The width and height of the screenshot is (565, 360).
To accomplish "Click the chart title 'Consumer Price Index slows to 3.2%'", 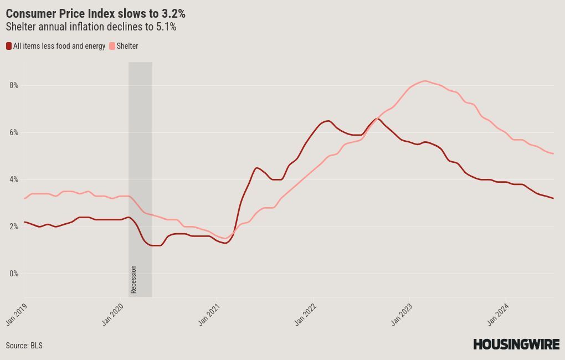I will pos(95,14).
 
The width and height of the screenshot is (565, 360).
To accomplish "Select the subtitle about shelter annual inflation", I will pos(91,27).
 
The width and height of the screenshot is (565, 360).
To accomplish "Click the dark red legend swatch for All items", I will pos(9,46).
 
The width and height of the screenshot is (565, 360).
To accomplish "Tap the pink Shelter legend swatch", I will pos(112,46).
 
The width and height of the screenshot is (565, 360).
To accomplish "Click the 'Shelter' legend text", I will pos(127,46).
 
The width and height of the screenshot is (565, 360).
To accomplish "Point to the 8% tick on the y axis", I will pos(13,85).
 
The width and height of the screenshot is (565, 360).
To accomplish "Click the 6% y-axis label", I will pos(13,132).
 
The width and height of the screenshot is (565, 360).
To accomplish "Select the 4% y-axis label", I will pos(13,179).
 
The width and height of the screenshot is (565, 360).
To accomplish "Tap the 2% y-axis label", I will pos(13,227).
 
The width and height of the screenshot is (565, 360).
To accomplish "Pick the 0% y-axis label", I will pos(13,274).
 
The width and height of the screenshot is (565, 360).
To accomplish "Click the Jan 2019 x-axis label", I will pos(17,314).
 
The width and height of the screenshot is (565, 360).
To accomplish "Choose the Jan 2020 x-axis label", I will pos(113,314).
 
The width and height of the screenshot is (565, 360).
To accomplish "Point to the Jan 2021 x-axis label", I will pos(209,314).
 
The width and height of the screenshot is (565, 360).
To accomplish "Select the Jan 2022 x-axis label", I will pos(306,314).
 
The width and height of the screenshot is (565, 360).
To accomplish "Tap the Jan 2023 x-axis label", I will pos(402,314).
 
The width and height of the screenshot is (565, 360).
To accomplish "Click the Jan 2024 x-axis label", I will pos(499,314).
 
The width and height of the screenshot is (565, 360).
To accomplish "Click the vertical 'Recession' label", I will pos(133,280).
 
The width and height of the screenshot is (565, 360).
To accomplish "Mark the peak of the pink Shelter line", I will pos(425,81).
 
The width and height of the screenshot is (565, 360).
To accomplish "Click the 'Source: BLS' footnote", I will pos(24,346).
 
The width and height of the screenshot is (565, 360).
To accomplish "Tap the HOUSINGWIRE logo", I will pos(516,344).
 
